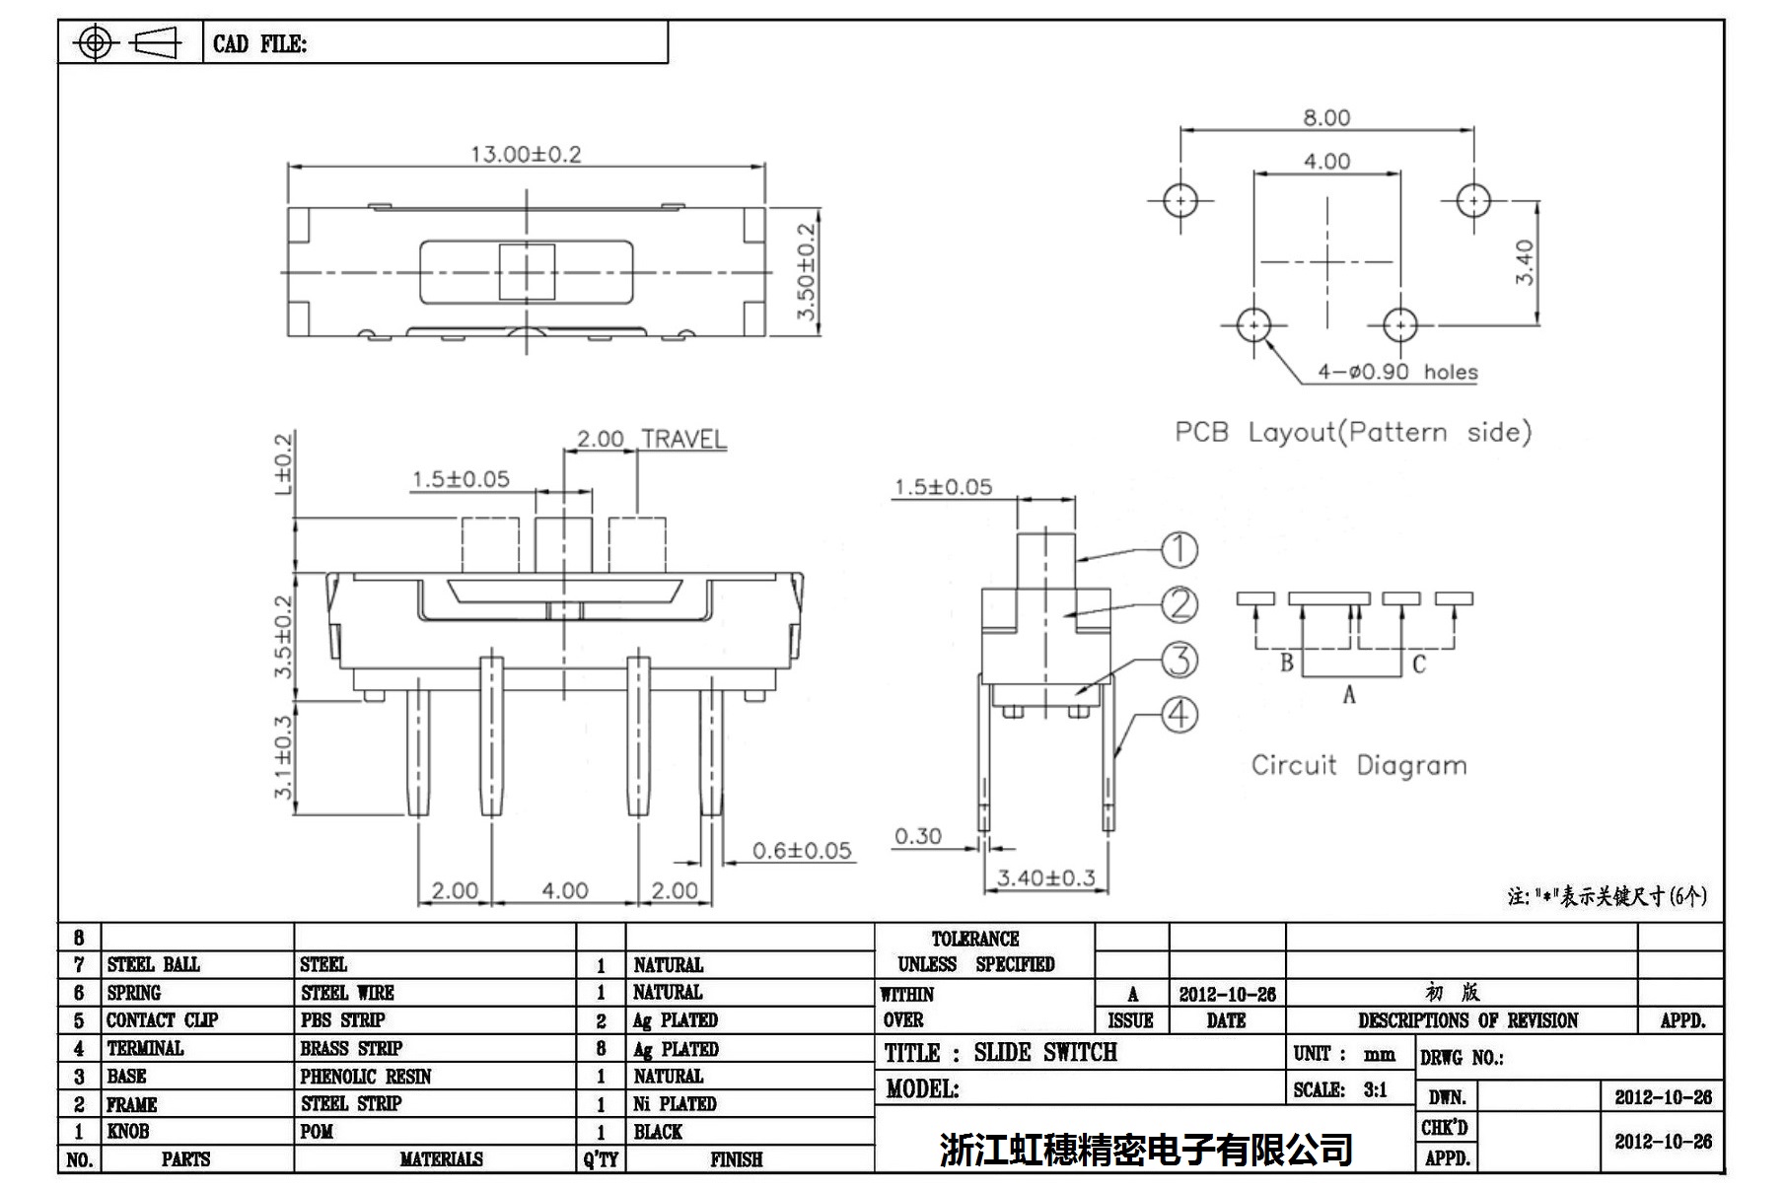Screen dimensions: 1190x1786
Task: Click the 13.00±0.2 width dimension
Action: (526, 154)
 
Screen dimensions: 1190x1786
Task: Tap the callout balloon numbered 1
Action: (1179, 549)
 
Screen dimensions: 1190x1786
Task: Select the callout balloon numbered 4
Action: (1179, 714)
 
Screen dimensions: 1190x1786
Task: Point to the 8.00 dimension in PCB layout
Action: (1326, 117)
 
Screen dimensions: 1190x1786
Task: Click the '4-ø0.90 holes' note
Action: (1397, 372)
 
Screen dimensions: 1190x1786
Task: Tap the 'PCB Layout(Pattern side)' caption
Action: (1352, 432)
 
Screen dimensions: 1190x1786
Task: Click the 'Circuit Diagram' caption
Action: (1358, 765)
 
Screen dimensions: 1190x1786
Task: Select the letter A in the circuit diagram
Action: (1348, 695)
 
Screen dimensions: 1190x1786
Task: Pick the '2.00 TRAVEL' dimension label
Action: (651, 439)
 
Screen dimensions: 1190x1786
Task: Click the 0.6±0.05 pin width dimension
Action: (801, 850)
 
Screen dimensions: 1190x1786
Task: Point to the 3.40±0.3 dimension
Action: (1045, 877)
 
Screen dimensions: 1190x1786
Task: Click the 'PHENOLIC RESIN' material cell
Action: (366, 1077)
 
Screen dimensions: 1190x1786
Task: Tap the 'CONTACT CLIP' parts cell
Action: (162, 1020)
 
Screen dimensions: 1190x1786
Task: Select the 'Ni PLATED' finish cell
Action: (675, 1104)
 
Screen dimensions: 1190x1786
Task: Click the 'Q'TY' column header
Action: (600, 1159)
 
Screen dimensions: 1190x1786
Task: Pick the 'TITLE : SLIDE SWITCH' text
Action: (1000, 1053)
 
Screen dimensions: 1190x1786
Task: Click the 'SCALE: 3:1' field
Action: (1339, 1089)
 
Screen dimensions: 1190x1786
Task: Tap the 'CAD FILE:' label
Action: (259, 44)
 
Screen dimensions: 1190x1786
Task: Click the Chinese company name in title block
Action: (1145, 1149)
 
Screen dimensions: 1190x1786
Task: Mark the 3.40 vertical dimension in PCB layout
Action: (1525, 262)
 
